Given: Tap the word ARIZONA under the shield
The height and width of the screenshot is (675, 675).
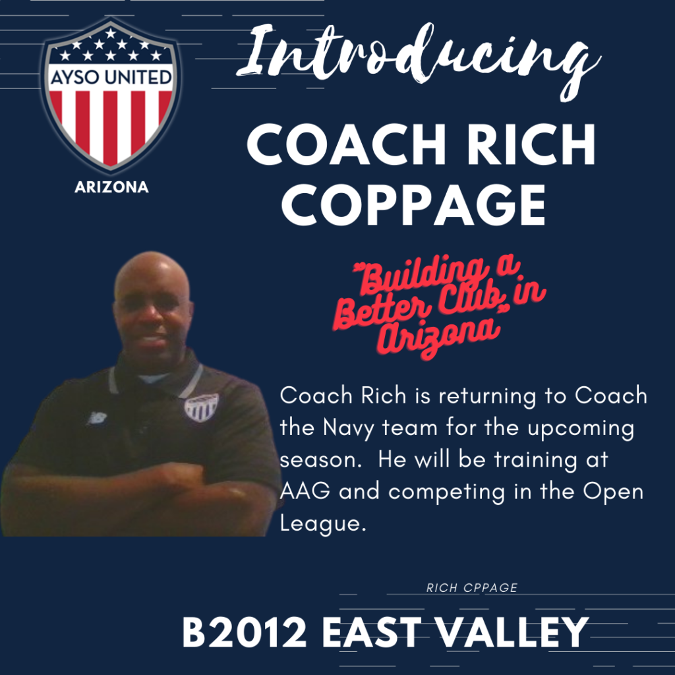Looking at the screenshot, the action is tap(111, 187).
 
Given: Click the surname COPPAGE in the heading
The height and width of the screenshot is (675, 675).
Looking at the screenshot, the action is tap(413, 204).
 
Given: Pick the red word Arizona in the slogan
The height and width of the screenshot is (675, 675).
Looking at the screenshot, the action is tap(439, 336).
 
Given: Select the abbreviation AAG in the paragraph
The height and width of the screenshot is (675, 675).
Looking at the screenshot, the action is tap(305, 491).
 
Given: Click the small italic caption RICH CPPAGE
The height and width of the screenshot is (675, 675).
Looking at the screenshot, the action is tap(472, 587).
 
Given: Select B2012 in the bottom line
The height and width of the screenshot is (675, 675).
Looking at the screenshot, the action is tap(245, 632).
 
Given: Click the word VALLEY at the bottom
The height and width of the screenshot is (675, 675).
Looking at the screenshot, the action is tap(512, 632).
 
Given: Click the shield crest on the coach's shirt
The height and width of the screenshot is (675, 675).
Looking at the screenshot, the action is tap(201, 407).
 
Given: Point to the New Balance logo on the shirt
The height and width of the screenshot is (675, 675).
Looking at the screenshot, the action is tap(97, 417).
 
